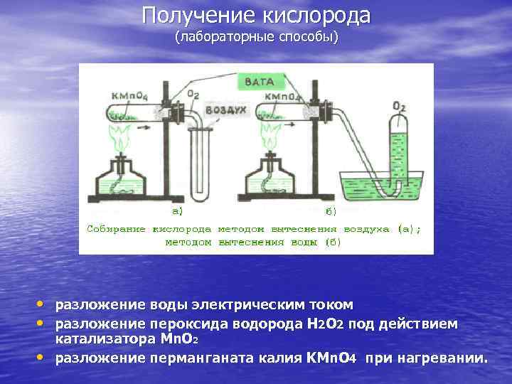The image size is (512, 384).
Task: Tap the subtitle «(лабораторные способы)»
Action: tap(257, 36)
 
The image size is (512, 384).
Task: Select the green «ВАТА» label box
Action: tap(259, 82)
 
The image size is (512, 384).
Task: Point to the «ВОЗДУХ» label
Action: tap(225, 111)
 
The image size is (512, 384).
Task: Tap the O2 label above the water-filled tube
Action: tap(399, 107)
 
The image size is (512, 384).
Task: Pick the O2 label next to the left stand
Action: tap(193, 94)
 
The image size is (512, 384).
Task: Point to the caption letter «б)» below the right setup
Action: tap(331, 211)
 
